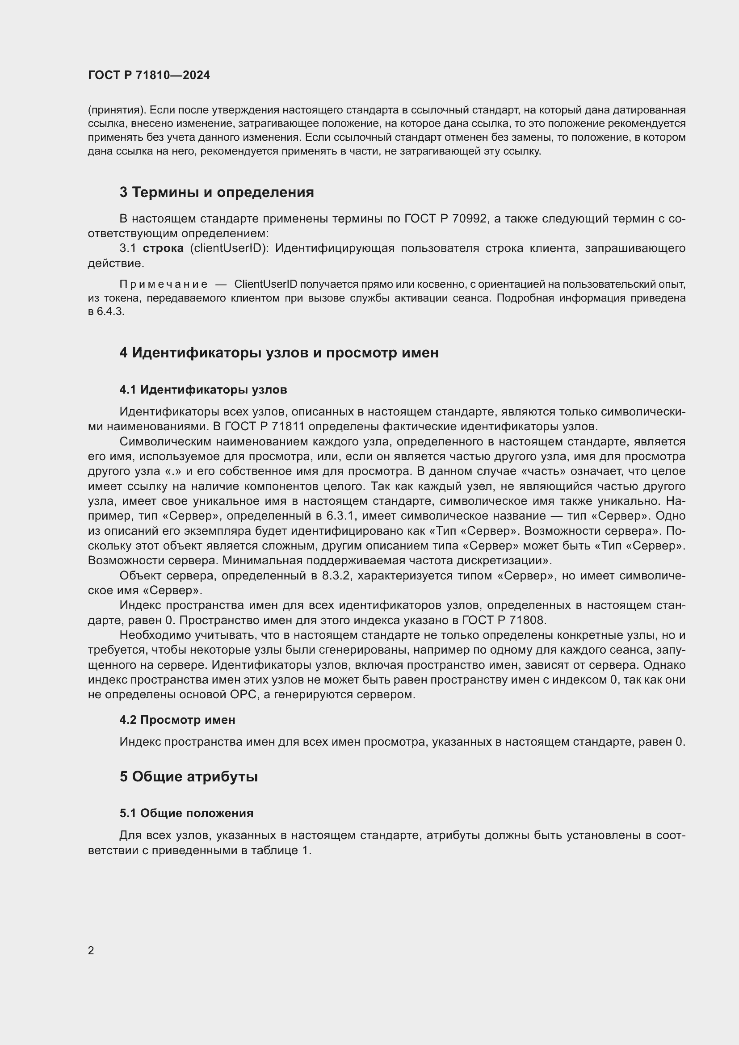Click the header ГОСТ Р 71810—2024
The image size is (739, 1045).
coord(149,75)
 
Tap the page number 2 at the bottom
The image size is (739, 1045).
coord(91,950)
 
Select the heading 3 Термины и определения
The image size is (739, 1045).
coord(217,192)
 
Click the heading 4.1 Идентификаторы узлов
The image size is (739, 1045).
coord(203,390)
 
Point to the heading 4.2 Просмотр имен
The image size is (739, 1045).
coord(177,720)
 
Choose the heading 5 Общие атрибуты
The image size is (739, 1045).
coord(189,776)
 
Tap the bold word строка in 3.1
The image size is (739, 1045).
coord(163,248)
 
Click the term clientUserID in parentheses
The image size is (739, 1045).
coord(227,248)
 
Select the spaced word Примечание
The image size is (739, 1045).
coord(164,285)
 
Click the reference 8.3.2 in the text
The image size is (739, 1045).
coord(336,576)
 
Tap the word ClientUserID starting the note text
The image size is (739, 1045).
coord(265,285)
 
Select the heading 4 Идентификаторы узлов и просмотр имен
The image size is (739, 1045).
coord(279,353)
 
